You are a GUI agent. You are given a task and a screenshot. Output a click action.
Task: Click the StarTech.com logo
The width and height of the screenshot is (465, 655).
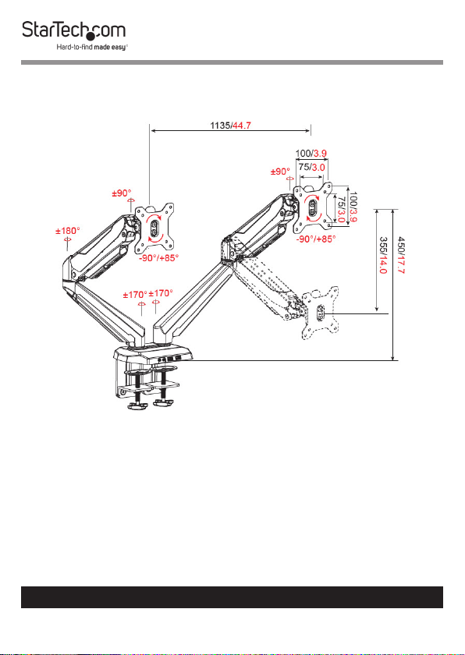point(74,31)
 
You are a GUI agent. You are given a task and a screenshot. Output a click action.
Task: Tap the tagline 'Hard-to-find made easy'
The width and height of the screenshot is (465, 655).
point(92,48)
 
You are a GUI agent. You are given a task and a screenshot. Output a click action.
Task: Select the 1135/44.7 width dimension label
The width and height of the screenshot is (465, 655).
point(230,125)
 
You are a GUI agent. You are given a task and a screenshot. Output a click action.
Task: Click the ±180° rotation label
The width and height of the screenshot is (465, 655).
point(68,231)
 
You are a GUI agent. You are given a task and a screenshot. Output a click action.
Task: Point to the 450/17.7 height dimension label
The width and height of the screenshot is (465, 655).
point(401,253)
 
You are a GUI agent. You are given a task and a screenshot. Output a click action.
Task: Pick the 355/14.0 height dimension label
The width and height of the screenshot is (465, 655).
point(383,255)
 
